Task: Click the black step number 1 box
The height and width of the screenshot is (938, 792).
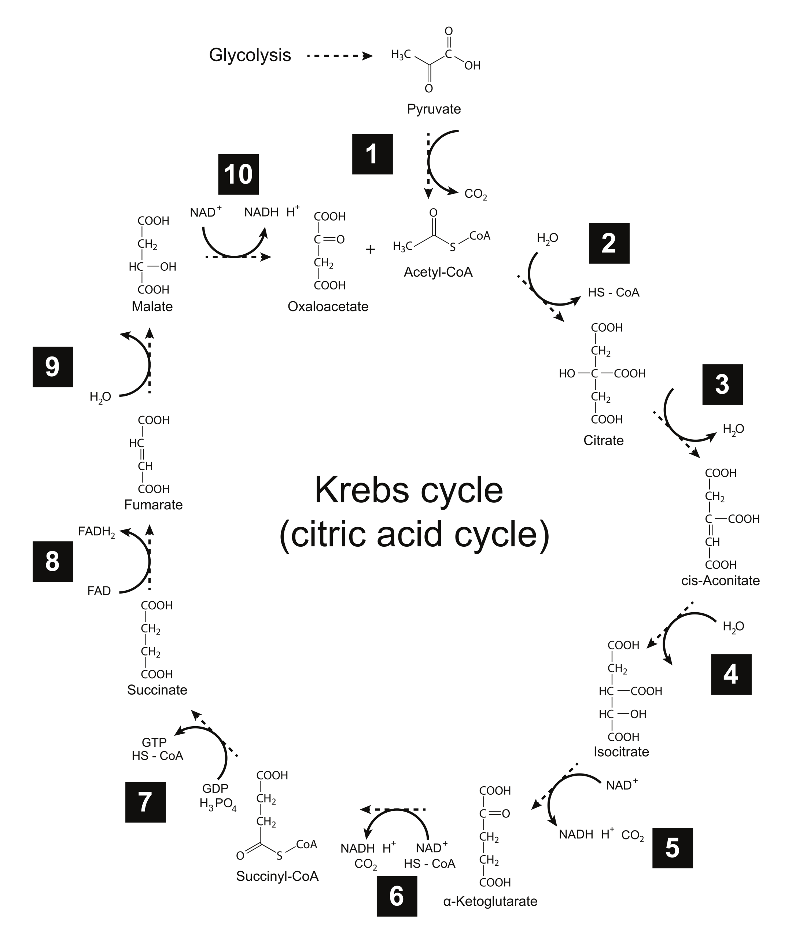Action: tap(372, 154)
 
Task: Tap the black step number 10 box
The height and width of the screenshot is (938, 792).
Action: tap(239, 174)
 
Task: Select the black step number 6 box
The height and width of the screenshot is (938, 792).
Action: tap(397, 896)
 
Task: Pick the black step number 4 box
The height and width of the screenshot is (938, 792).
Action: tap(731, 674)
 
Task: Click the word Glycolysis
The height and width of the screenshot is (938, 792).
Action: tap(250, 55)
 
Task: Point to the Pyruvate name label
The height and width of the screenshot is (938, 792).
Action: tap(434, 109)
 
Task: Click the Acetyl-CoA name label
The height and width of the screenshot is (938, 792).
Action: tap(438, 272)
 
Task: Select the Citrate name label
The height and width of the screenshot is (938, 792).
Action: tap(603, 440)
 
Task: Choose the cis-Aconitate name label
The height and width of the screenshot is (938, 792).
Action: tap(720, 580)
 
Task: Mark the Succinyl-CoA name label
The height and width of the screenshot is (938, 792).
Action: tap(277, 876)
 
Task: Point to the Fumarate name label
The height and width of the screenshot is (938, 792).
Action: tap(154, 505)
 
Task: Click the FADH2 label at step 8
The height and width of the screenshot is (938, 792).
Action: tap(96, 532)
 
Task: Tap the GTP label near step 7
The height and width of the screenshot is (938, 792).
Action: tap(154, 743)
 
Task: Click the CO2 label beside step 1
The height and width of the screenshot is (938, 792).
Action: tap(475, 194)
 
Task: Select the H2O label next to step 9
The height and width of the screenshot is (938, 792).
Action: tap(100, 397)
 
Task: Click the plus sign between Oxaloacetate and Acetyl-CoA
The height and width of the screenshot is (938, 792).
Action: tap(371, 250)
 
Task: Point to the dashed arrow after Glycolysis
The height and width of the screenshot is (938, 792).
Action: tap(339, 56)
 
